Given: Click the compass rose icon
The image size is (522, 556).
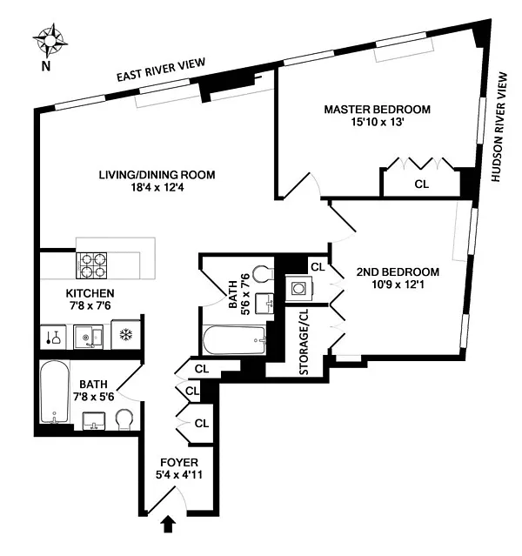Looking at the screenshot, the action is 50,41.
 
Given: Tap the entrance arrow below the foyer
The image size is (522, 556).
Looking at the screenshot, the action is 169,524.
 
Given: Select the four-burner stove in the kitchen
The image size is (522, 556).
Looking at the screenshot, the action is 91,265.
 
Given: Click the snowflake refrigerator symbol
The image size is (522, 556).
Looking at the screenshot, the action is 126,334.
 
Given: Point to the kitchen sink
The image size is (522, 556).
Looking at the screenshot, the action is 88,337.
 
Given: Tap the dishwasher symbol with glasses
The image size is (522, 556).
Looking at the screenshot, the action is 53,337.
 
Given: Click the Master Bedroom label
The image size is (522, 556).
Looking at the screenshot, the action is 378,110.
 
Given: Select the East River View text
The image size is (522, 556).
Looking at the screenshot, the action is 161,70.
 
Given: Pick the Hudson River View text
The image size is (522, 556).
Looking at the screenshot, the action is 499,127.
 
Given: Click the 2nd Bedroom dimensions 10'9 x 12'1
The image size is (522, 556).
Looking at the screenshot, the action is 398,285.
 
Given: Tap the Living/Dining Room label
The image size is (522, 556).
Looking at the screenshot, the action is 157,175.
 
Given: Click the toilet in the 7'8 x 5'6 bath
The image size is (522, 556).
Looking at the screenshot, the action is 124,420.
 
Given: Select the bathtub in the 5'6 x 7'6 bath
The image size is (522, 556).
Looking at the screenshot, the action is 234,340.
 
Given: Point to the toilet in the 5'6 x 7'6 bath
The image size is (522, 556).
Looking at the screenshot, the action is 263,273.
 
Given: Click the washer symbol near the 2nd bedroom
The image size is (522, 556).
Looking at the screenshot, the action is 299,288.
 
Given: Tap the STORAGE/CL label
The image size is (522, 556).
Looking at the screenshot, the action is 304,342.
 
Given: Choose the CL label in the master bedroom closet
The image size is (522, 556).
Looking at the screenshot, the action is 422,184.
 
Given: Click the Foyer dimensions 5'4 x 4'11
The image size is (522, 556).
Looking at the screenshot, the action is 179,474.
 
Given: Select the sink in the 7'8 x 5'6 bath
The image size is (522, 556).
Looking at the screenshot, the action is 94,420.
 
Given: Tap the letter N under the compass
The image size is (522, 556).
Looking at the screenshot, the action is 46,66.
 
